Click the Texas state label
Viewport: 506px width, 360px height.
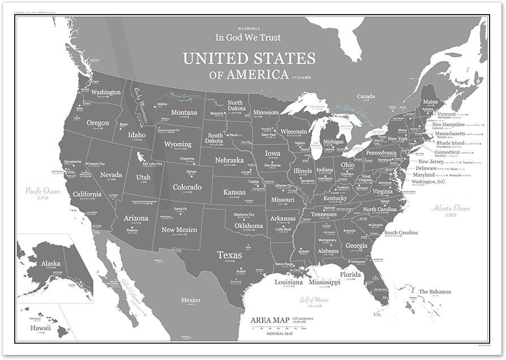coord(230,255)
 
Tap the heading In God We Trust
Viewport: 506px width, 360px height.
coord(248,37)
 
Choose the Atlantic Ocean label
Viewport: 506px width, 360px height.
coord(451,208)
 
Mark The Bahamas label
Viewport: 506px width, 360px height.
coord(435,292)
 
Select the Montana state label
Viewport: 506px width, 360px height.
coord(184,113)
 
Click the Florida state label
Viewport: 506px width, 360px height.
coord(350,275)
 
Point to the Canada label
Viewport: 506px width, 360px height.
coord(366,96)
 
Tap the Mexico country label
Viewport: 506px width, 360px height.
coord(190,300)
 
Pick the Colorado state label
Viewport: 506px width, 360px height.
coord(187,187)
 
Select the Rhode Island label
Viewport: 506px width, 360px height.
coord(449,143)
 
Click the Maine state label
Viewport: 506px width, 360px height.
coord(430,102)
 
